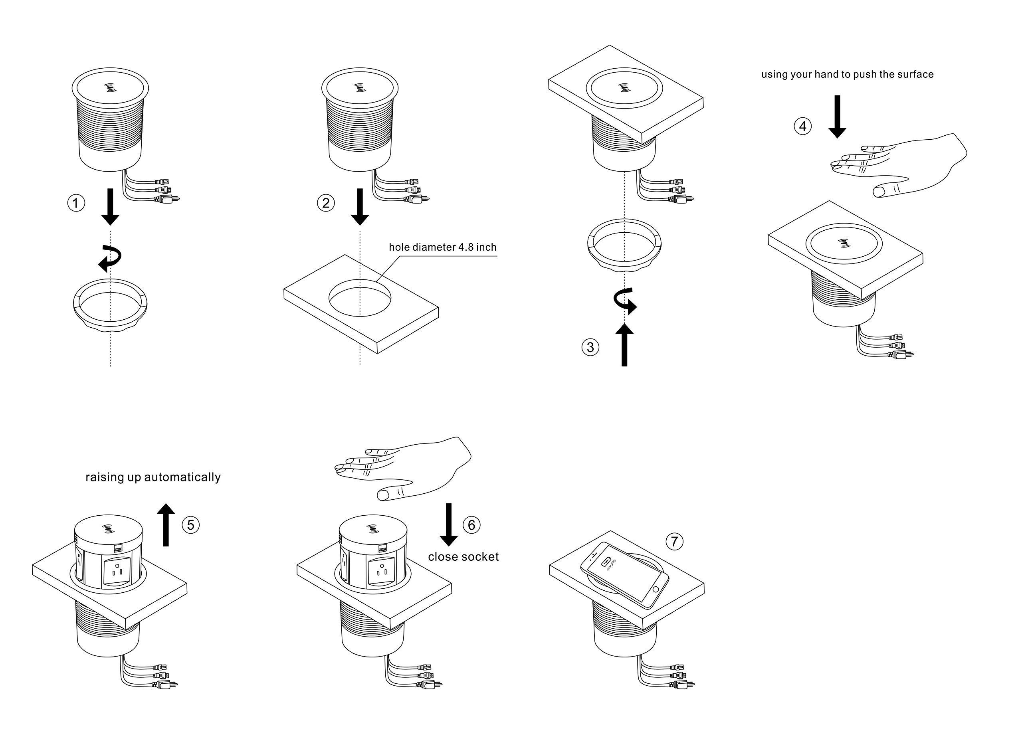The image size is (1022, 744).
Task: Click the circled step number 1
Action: (x=76, y=203)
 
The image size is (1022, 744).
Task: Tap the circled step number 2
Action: (x=326, y=203)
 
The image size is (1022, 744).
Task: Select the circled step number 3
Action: (x=590, y=347)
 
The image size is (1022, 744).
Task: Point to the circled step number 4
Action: (x=802, y=126)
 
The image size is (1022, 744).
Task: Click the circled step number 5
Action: (x=190, y=525)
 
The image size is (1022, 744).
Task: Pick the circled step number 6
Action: (x=471, y=525)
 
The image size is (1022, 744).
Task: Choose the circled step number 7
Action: (x=674, y=541)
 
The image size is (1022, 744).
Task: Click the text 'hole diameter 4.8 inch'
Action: (x=442, y=247)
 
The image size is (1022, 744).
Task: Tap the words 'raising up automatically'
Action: (x=153, y=477)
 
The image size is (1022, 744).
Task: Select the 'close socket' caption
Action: (x=463, y=557)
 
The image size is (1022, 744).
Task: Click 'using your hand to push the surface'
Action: (x=847, y=74)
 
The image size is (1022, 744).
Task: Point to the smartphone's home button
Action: (x=655, y=590)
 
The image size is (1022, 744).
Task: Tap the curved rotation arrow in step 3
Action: (x=625, y=301)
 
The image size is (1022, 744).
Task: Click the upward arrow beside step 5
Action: (x=166, y=524)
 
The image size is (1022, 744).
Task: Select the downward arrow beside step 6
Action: (x=448, y=524)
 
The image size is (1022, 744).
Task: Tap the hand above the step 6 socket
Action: (x=406, y=469)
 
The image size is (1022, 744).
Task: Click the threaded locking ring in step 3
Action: (x=624, y=245)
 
